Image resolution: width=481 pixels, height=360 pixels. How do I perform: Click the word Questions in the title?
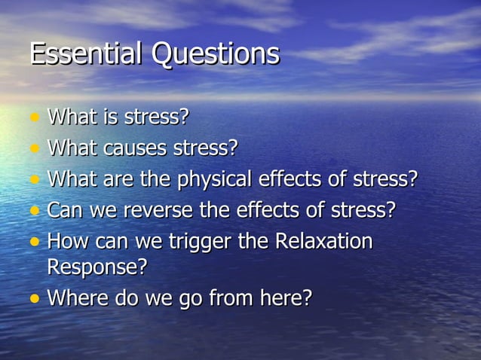tap(216, 55)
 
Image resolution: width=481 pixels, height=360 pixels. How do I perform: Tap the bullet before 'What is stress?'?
tap(34, 118)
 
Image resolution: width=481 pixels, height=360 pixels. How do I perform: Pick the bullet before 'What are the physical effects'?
tap(34, 181)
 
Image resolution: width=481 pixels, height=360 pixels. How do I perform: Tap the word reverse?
tap(159, 210)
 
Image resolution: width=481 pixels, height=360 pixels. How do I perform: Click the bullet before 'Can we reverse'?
tap(34, 211)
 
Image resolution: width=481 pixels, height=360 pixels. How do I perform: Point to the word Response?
tap(97, 267)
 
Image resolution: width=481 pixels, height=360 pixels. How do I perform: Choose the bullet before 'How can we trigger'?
tap(34, 243)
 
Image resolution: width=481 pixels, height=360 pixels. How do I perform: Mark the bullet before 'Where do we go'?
tap(34, 298)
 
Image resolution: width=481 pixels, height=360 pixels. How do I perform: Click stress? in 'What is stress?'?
tap(156, 117)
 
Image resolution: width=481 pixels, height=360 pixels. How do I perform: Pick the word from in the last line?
tap(226, 297)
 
